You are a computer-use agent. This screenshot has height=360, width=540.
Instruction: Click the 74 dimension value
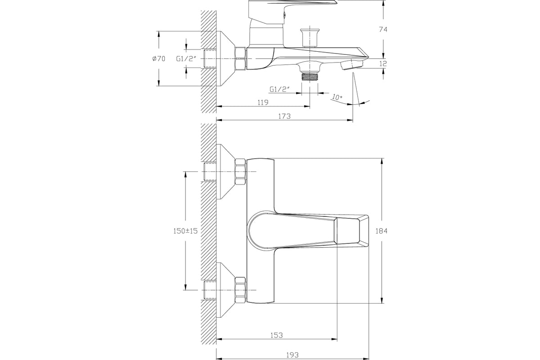(383, 29)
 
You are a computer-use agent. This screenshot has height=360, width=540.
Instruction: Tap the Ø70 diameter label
(158, 58)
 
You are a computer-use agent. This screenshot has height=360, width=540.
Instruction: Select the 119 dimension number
(263, 103)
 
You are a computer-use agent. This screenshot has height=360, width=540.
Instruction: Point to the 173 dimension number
(284, 116)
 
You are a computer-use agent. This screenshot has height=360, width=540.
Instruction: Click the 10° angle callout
(337, 97)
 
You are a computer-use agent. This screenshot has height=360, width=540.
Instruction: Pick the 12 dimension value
(383, 63)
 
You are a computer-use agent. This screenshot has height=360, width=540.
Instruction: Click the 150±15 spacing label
(185, 231)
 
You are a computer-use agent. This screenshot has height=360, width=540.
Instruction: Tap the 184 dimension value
(382, 231)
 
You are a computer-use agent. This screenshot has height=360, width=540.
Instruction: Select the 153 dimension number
(276, 335)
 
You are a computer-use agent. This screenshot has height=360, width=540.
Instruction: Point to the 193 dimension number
(292, 355)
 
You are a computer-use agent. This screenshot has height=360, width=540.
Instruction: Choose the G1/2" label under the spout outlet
(279, 90)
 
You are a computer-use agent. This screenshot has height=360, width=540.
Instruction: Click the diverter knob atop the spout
(310, 38)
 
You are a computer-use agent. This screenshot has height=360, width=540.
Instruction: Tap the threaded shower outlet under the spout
(310, 76)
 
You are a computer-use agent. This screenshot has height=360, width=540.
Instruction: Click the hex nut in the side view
(240, 58)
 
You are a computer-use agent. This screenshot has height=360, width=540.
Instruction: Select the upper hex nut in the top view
(240, 172)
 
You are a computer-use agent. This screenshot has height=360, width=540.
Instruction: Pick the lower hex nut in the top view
(240, 290)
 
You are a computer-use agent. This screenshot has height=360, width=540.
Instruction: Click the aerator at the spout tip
(352, 65)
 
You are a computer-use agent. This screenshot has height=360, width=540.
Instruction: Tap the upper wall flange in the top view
(225, 172)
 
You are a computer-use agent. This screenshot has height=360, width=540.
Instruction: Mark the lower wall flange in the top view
(225, 290)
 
